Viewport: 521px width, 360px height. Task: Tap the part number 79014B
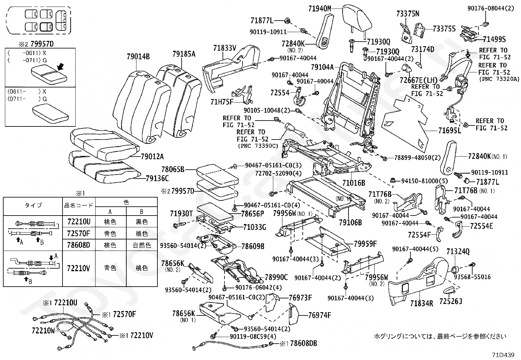138,56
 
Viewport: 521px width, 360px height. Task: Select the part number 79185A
184,54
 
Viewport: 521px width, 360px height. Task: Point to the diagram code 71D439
503,354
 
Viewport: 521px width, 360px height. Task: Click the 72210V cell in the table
79,268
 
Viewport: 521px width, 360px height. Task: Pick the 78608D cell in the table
79,245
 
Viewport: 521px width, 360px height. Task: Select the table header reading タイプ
33,205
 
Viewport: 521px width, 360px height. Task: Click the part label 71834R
422,303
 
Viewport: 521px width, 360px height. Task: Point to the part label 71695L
449,131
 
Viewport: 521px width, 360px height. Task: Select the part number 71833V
225,48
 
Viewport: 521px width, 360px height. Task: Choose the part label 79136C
157,178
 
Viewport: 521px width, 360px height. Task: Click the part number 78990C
276,277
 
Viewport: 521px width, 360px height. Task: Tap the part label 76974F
319,315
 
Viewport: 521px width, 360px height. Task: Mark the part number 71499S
494,39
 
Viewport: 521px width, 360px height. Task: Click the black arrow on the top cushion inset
60,67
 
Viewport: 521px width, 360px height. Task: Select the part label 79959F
366,243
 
